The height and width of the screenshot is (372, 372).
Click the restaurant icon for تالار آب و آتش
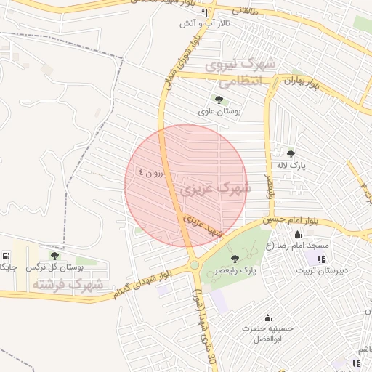click(205, 12)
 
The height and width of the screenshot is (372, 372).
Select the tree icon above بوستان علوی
click(219, 100)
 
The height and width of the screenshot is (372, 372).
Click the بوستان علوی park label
click(219, 112)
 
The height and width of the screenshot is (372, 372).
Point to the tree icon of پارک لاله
click(291, 154)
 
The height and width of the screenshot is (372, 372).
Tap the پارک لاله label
click(291, 166)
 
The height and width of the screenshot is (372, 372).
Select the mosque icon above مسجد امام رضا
click(298, 234)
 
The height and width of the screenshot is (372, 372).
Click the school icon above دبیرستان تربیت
click(321, 259)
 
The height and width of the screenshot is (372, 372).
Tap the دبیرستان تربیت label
click(321, 270)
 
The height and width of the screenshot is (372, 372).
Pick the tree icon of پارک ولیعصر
click(234, 259)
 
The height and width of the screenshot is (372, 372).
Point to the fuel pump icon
click(7, 256)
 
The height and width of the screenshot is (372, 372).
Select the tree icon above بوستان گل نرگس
click(54, 256)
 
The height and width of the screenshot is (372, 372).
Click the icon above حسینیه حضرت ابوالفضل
click(267, 318)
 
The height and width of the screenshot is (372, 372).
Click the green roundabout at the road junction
click(194, 265)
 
